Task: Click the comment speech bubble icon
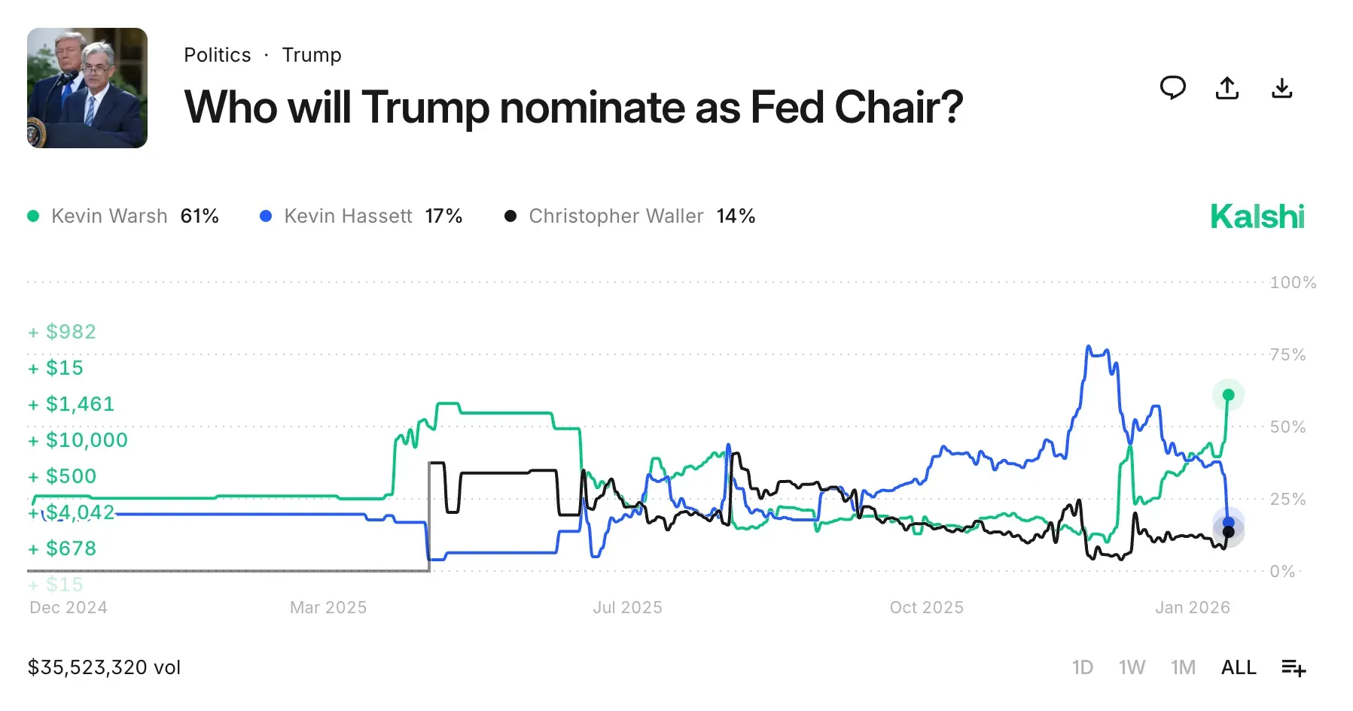pyautogui.click(x=1172, y=88)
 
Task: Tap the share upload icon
pyautogui.click(x=1227, y=88)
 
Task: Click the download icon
pyautogui.click(x=1281, y=88)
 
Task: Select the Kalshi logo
pyautogui.click(x=1257, y=217)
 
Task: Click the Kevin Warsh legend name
pyautogui.click(x=109, y=217)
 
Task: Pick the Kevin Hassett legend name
pyautogui.click(x=348, y=217)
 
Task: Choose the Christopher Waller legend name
pyautogui.click(x=616, y=217)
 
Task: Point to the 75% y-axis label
pyautogui.click(x=1287, y=355)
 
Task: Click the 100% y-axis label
pyautogui.click(x=1293, y=283)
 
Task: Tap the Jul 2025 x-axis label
pyautogui.click(x=627, y=608)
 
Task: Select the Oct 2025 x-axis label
pyautogui.click(x=926, y=608)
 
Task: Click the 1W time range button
pyautogui.click(x=1132, y=667)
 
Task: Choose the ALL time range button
pyautogui.click(x=1239, y=667)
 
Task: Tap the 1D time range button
pyautogui.click(x=1082, y=667)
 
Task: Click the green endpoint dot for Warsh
pyautogui.click(x=1228, y=395)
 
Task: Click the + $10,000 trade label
pyautogui.click(x=78, y=440)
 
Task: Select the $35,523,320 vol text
pyautogui.click(x=104, y=667)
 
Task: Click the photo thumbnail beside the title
pyautogui.click(x=87, y=88)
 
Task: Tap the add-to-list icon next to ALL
pyautogui.click(x=1294, y=667)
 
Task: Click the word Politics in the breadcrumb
pyautogui.click(x=217, y=55)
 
